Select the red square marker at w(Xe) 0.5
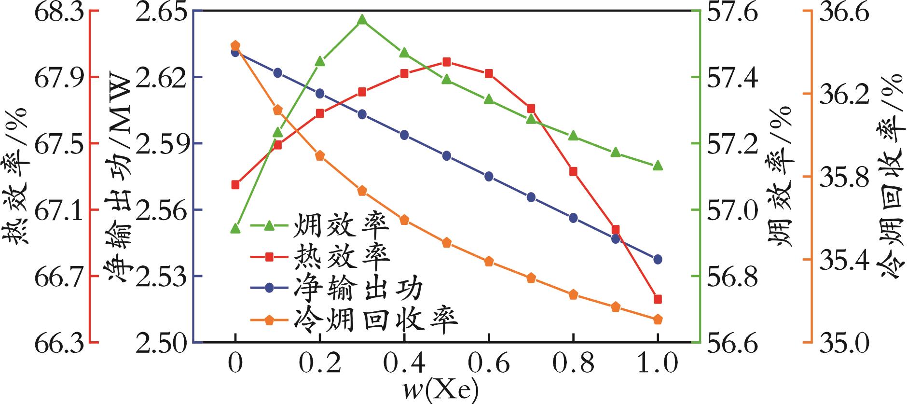446,62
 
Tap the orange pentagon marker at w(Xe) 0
235,45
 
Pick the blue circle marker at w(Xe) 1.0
658,259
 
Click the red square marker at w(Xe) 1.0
658,299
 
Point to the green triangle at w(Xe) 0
235,228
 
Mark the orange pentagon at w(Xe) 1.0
658,320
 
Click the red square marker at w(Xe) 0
235,184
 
